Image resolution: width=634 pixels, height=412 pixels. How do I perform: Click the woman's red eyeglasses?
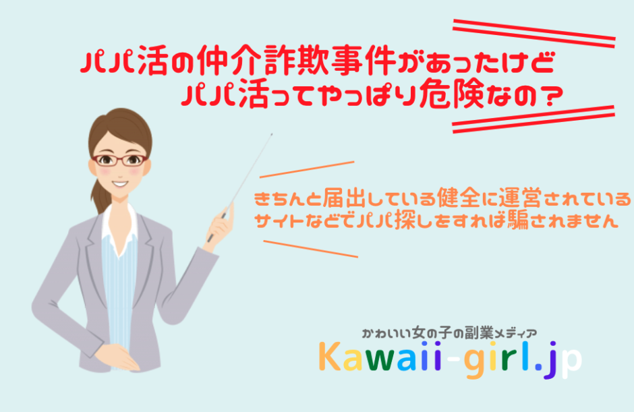(x=119, y=160)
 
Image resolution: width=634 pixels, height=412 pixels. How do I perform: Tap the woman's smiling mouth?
(x=120, y=184)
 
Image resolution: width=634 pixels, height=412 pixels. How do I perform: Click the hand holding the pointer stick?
(x=221, y=227)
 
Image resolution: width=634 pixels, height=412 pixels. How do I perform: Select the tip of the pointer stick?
(x=272, y=134)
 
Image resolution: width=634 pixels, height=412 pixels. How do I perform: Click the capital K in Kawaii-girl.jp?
(x=330, y=356)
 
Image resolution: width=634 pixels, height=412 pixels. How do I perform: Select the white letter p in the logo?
(x=571, y=363)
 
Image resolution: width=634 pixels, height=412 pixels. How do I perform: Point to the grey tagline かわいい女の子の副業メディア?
(x=450, y=333)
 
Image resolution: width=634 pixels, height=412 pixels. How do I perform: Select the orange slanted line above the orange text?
(x=307, y=169)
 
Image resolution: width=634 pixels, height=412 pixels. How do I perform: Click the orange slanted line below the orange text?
(x=310, y=249)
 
